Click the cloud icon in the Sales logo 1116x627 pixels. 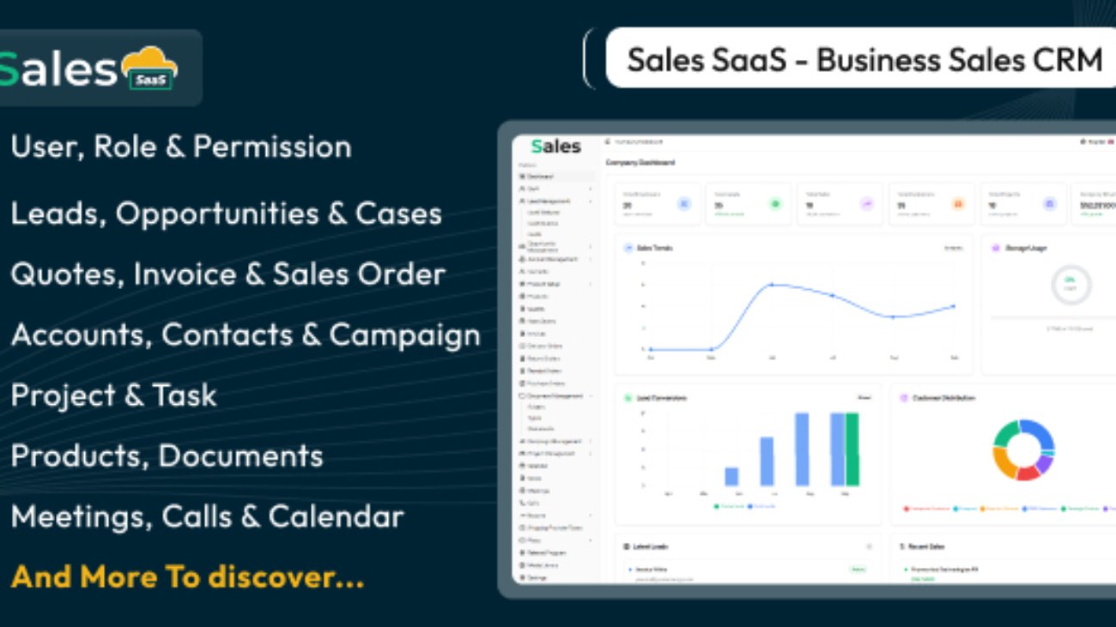click(149, 68)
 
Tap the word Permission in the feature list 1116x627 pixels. click(272, 147)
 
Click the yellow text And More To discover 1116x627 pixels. click(187, 577)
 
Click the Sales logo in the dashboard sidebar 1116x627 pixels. click(555, 147)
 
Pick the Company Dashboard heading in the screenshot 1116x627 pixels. click(640, 162)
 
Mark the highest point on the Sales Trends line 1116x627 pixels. click(771, 284)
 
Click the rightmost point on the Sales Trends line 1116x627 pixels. click(953, 306)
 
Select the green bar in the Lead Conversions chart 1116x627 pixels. click(852, 449)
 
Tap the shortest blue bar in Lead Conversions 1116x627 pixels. click(731, 477)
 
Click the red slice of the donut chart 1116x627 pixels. click(1027, 471)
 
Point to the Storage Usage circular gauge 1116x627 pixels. click(1070, 284)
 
